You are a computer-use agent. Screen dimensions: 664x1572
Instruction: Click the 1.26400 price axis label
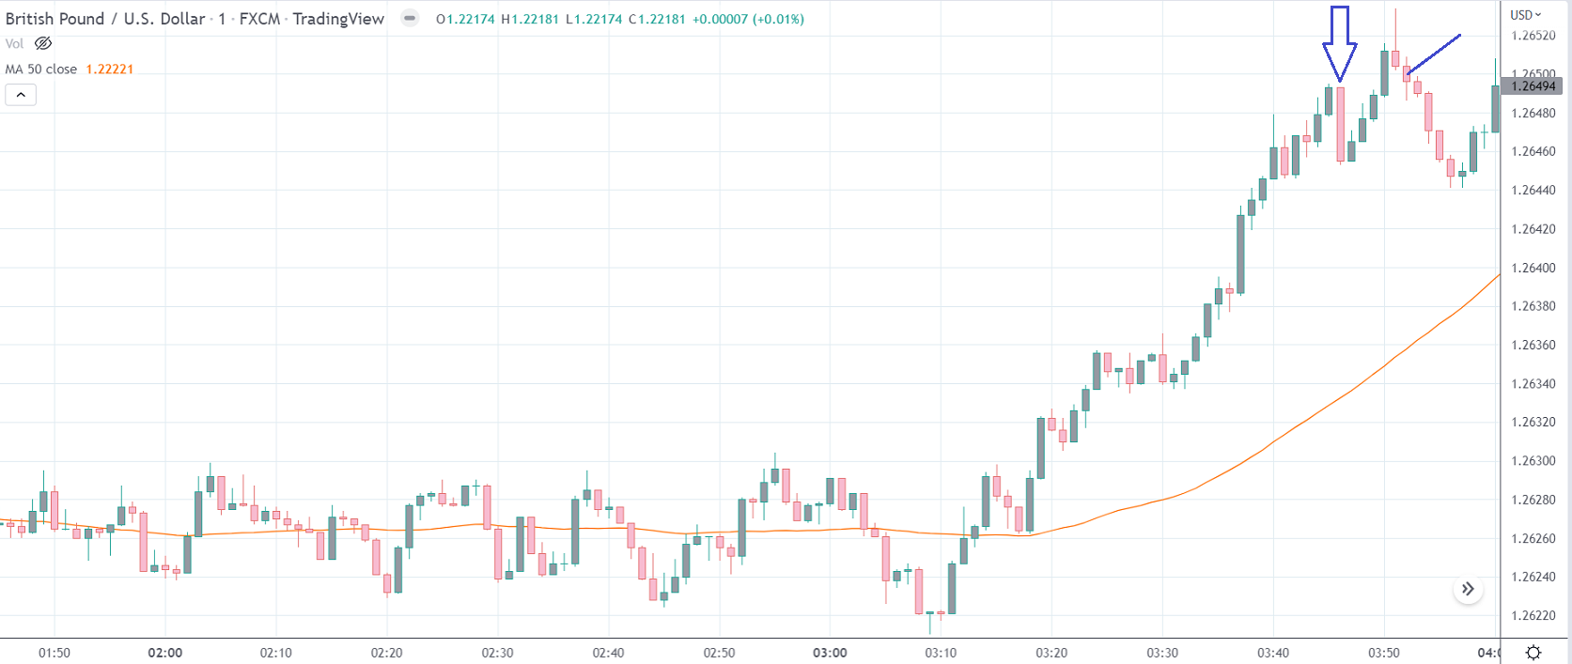(1533, 268)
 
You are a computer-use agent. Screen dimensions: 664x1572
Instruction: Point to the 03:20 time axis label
(1051, 653)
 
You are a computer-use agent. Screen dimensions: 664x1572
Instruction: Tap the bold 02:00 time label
(165, 653)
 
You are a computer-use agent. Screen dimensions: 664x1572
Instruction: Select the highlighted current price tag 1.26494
(1533, 86)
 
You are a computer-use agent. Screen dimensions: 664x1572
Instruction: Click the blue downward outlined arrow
(1339, 43)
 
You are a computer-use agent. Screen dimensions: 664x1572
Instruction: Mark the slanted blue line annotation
(1434, 54)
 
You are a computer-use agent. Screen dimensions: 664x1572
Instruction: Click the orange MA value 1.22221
(110, 69)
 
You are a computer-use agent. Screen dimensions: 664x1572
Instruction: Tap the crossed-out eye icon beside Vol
(43, 43)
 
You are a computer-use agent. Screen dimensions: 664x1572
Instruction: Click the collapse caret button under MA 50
(21, 95)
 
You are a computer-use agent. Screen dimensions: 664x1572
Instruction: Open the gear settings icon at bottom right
(1533, 653)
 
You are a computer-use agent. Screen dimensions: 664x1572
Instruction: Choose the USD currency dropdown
(1526, 15)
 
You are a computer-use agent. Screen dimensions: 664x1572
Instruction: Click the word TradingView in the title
(338, 19)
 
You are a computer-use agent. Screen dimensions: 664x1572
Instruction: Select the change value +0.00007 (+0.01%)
(748, 19)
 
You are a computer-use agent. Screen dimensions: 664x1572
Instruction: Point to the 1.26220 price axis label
(1533, 615)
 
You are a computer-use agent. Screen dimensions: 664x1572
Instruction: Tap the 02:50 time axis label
(720, 653)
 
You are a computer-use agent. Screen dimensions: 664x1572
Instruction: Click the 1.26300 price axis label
(1533, 461)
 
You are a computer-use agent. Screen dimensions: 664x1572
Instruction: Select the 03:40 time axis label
(1273, 653)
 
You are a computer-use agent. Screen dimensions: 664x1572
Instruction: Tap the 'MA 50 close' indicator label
(41, 69)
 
